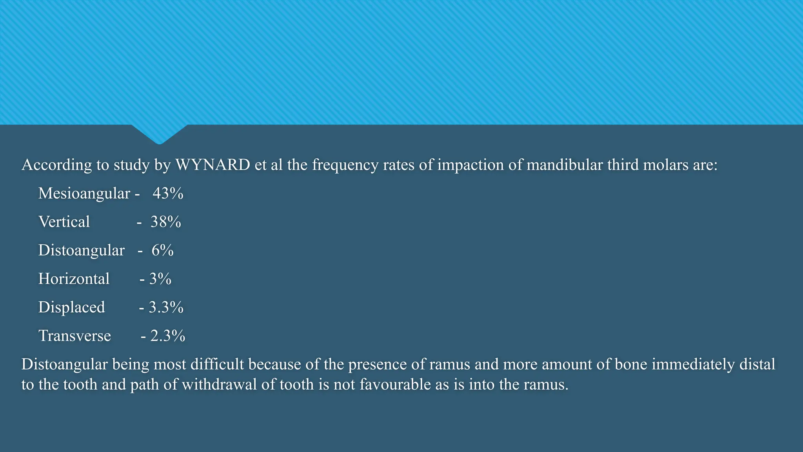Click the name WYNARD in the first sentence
click(213, 165)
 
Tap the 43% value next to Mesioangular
click(168, 193)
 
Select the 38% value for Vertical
click(165, 222)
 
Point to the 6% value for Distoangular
click(162, 250)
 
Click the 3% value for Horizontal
click(160, 279)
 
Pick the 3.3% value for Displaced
click(166, 307)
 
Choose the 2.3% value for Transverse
click(167, 336)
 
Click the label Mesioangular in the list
click(84, 193)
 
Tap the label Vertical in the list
click(64, 222)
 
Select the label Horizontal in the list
click(74, 279)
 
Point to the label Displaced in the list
click(71, 307)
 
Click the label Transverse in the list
click(74, 336)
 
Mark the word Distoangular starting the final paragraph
click(64, 365)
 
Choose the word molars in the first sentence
click(665, 165)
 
